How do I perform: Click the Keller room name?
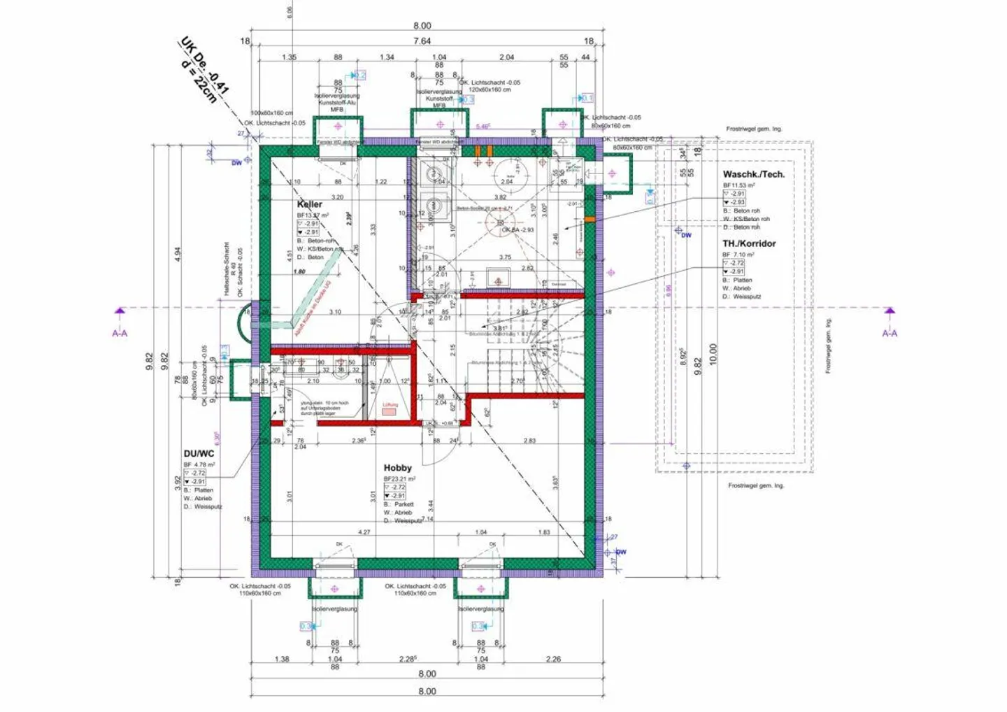tap(310, 204)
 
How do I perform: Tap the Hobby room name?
tap(397, 468)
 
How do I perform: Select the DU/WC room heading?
tap(199, 454)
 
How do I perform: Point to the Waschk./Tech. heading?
tap(753, 174)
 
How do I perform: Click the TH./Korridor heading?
tap(749, 243)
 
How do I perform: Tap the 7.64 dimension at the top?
tap(422, 41)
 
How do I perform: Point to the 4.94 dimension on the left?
tap(178, 254)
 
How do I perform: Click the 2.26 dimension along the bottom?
tap(552, 659)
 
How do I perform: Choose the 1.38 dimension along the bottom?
tap(281, 659)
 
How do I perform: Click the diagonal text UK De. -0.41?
tap(204, 66)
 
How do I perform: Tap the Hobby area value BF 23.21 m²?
tap(399, 479)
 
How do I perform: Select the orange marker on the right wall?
tap(590, 220)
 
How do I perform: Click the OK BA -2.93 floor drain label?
tap(517, 229)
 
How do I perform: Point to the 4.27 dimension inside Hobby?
tap(364, 532)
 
